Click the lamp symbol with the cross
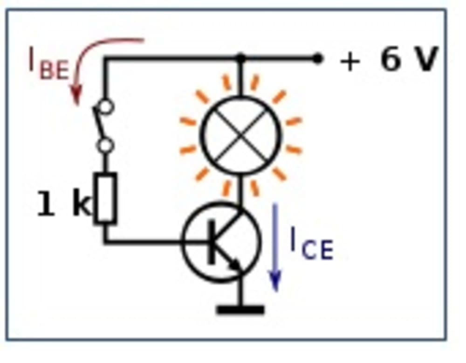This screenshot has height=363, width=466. click(241, 136)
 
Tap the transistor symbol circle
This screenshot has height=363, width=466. click(222, 242)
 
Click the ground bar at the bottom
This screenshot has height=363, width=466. click(240, 309)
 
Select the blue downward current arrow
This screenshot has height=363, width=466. click(275, 247)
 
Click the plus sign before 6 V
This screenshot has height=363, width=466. click(350, 61)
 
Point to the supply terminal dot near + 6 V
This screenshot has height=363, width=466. click(317, 59)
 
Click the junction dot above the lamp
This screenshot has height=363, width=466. click(240, 59)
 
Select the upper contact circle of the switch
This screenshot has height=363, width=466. click(107, 107)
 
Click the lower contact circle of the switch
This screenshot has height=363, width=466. click(106, 146)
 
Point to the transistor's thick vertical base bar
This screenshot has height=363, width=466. click(212, 242)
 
